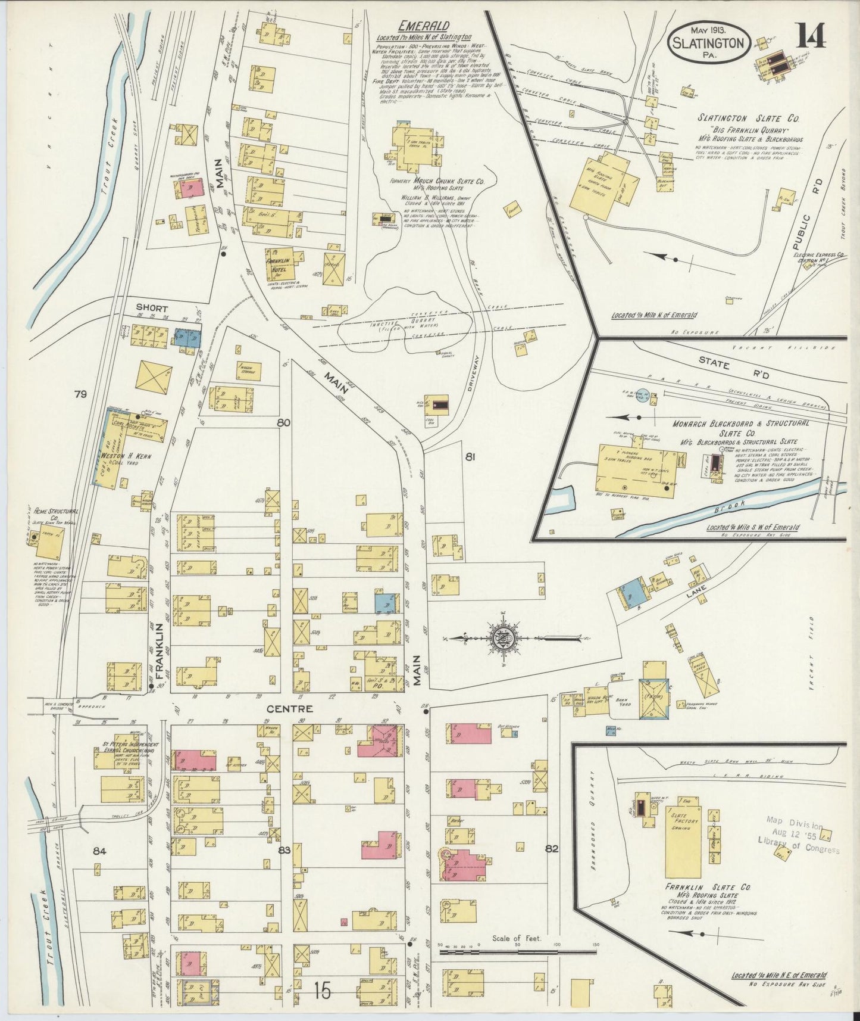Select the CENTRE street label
tap(282, 709)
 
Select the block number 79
tap(81, 394)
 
